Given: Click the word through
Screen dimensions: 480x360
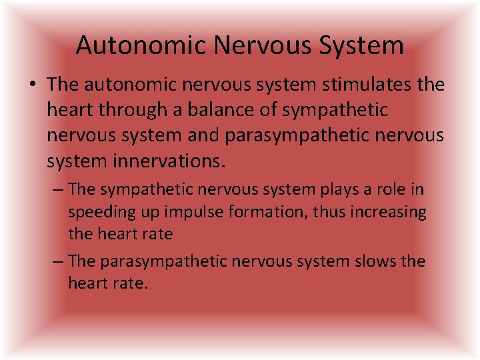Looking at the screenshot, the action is (x=125, y=109).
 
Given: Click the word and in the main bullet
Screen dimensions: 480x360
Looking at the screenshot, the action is (x=203, y=135).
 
